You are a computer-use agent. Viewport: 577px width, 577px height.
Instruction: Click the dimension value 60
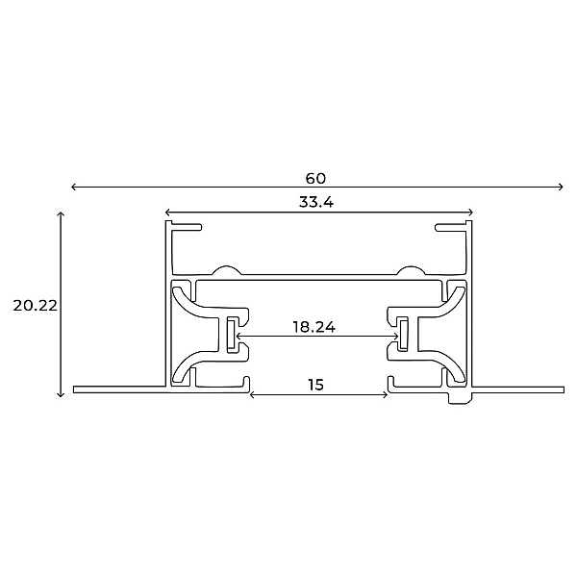[315, 179]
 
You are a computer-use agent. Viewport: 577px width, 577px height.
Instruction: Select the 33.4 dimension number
[316, 202]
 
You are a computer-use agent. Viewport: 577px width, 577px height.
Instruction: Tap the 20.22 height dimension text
[36, 306]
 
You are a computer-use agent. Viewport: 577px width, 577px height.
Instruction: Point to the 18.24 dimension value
[314, 327]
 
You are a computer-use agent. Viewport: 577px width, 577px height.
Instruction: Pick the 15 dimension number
[316, 385]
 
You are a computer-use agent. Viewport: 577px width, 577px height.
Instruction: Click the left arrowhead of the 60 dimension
[73, 187]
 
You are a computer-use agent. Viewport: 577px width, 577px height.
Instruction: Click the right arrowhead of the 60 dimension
[561, 187]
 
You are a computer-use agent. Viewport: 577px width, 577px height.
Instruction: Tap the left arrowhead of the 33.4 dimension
[167, 212]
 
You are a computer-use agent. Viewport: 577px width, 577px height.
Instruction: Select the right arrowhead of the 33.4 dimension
[470, 212]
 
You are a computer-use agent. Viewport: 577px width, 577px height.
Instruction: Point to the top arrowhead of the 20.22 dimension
[61, 214]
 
